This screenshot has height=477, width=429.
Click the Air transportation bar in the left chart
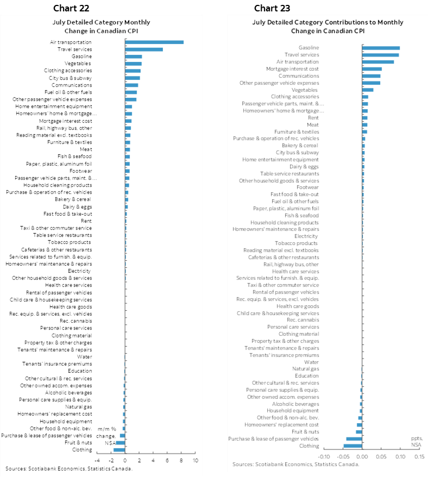[x=154, y=42]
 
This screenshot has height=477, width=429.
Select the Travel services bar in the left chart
[x=144, y=49]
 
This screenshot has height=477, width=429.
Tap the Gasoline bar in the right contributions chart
[x=381, y=48]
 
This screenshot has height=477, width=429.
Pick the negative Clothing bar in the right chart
[x=352, y=446]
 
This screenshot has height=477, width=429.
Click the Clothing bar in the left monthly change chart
[x=119, y=450]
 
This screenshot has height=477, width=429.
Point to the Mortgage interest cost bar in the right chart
[x=372, y=69]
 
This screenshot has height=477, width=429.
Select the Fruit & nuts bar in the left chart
[x=120, y=443]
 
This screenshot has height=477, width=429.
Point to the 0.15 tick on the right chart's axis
[x=419, y=456]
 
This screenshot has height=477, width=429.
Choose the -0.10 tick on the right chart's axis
[x=324, y=456]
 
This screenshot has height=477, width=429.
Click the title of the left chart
[x=101, y=26]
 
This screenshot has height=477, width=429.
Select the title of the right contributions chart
[x=327, y=26]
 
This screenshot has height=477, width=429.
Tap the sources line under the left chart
[x=69, y=468]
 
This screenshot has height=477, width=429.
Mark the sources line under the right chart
[x=296, y=464]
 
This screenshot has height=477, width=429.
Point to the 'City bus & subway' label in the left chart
[x=70, y=78]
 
